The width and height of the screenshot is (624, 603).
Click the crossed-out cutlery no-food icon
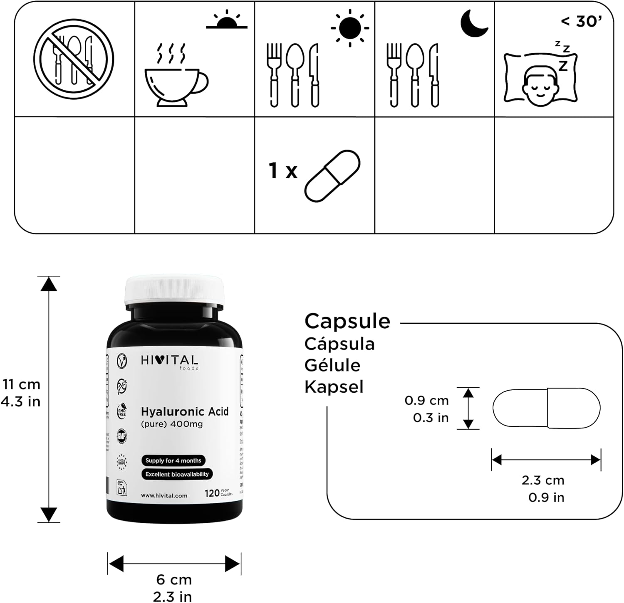click(74, 59)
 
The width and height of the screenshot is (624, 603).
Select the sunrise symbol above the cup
click(227, 22)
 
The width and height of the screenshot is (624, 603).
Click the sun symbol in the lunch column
click(350, 28)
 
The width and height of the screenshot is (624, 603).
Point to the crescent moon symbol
click(474, 24)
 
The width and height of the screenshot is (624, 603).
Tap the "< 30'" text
click(582, 21)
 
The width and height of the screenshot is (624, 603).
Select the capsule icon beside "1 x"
click(332, 176)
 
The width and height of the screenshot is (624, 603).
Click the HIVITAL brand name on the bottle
click(169, 361)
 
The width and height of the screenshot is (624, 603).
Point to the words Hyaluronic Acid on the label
click(185, 411)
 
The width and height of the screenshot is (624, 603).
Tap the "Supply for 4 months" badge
click(173, 460)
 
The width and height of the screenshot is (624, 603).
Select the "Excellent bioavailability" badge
click(177, 474)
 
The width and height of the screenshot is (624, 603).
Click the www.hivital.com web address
click(164, 495)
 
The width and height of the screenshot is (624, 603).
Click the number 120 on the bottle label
click(212, 493)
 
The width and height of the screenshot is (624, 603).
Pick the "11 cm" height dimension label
click(21, 384)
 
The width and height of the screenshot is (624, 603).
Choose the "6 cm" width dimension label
click(174, 579)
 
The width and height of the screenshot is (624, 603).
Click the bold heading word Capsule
click(347, 321)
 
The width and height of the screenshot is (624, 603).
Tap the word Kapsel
click(334, 387)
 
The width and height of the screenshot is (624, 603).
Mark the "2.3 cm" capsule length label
click(543, 480)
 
